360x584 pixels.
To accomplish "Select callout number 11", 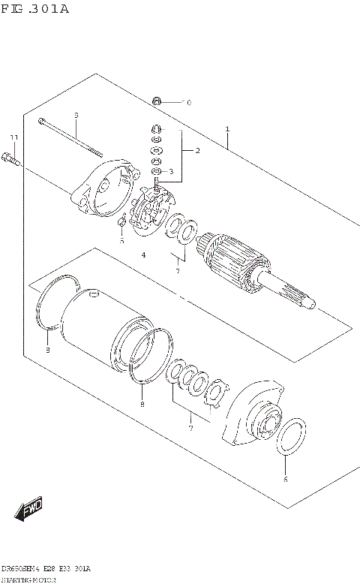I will click(13, 137).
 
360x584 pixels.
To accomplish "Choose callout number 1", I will click(227, 128).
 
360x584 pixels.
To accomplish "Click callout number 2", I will click(197, 151).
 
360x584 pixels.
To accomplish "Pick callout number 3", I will click(171, 172).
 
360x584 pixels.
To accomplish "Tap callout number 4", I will click(142, 255).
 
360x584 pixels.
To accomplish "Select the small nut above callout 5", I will click(121, 222).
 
